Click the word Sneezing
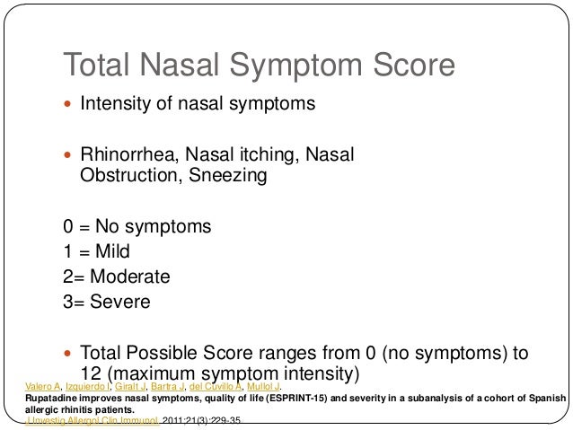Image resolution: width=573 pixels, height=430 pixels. click(228, 176)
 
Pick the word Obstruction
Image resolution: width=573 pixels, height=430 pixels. click(131, 176)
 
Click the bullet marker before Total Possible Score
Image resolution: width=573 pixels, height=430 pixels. click(68, 352)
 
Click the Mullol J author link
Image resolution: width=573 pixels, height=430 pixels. click(264, 386)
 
